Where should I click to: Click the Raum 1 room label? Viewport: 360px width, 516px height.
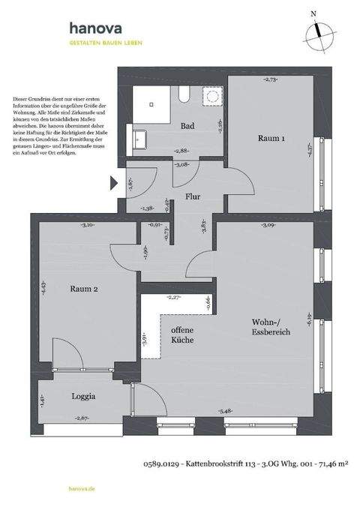tap(271, 139)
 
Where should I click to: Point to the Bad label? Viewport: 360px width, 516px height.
tap(187, 126)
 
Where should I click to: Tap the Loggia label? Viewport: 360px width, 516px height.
tap(83, 395)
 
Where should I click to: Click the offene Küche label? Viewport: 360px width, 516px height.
tap(182, 334)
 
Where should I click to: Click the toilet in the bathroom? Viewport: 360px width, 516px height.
tap(184, 94)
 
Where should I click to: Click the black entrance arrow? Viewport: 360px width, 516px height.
tap(114, 182)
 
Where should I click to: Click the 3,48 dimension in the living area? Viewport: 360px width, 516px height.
tap(226, 409)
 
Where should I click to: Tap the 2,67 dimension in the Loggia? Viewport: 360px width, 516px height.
tap(82, 417)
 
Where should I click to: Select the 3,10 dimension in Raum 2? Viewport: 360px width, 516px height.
tap(87, 224)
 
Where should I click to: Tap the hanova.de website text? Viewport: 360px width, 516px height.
tap(81, 487)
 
